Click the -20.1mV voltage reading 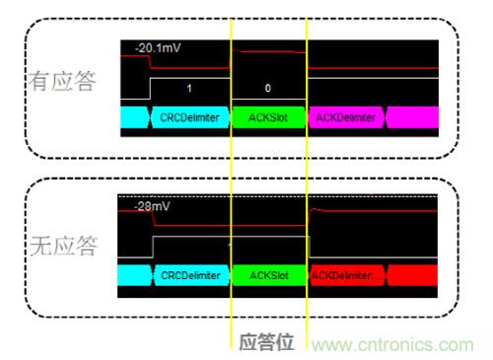(158, 48)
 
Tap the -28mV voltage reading (152, 206)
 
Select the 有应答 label (62, 81)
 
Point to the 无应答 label (64, 246)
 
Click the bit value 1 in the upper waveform (189, 88)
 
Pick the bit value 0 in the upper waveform (268, 88)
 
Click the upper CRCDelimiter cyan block (190, 117)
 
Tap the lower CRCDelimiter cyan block (191, 275)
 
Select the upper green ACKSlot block (268, 117)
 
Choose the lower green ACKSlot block (269, 275)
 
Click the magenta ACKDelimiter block (346, 117)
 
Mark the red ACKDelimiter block (347, 275)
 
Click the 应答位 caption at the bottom (266, 342)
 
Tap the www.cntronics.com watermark (392, 345)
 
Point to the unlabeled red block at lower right (412, 275)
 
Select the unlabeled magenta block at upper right (412, 117)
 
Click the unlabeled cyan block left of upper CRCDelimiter (135, 117)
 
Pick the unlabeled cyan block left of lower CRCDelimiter (134, 275)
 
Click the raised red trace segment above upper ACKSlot (269, 51)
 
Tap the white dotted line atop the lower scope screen (278, 196)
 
